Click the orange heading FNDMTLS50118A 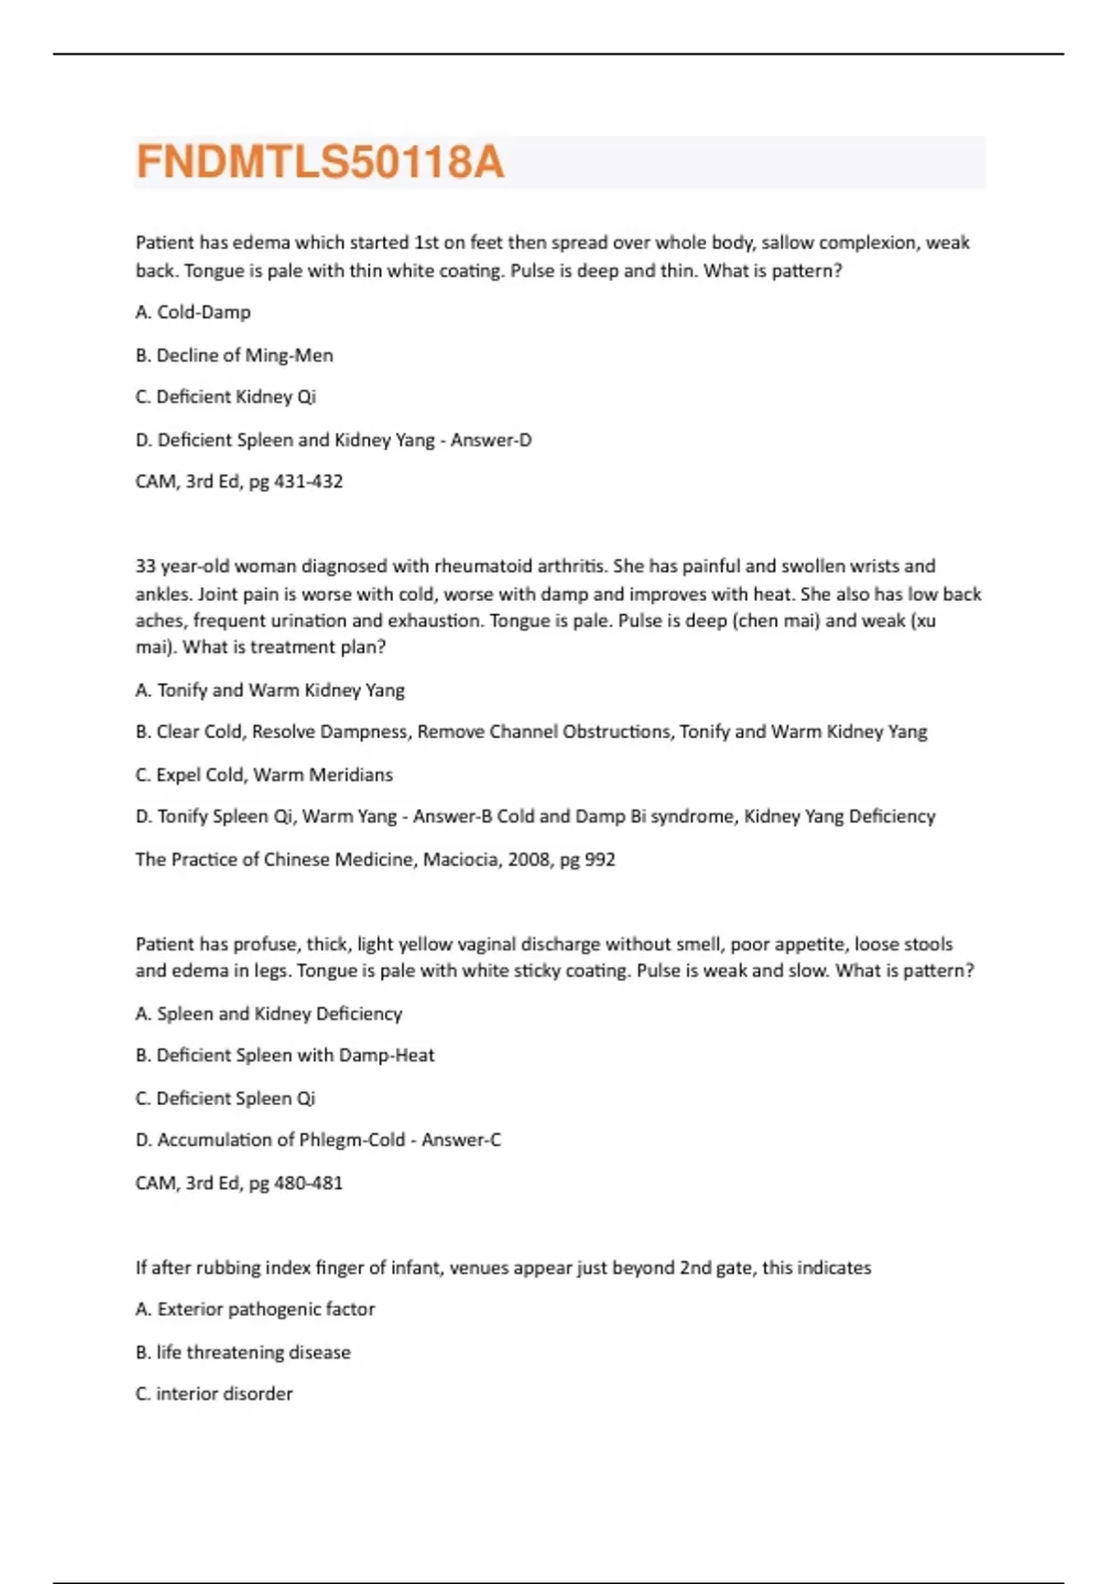(320, 162)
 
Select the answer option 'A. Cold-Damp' (193, 312)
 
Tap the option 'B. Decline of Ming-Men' (234, 355)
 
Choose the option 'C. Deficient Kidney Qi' (225, 397)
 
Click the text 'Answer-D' (491, 440)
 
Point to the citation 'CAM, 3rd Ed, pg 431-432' (239, 482)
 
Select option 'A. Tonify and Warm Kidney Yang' (270, 690)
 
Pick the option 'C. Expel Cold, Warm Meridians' (264, 774)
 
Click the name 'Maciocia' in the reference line (460, 859)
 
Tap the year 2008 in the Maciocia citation (528, 859)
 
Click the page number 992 (599, 859)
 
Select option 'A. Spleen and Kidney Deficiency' (268, 1014)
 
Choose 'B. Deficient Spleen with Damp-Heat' (285, 1056)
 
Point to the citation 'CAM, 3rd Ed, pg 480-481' (239, 1182)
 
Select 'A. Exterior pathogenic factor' (255, 1309)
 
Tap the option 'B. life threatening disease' (243, 1352)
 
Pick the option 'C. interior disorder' (214, 1394)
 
